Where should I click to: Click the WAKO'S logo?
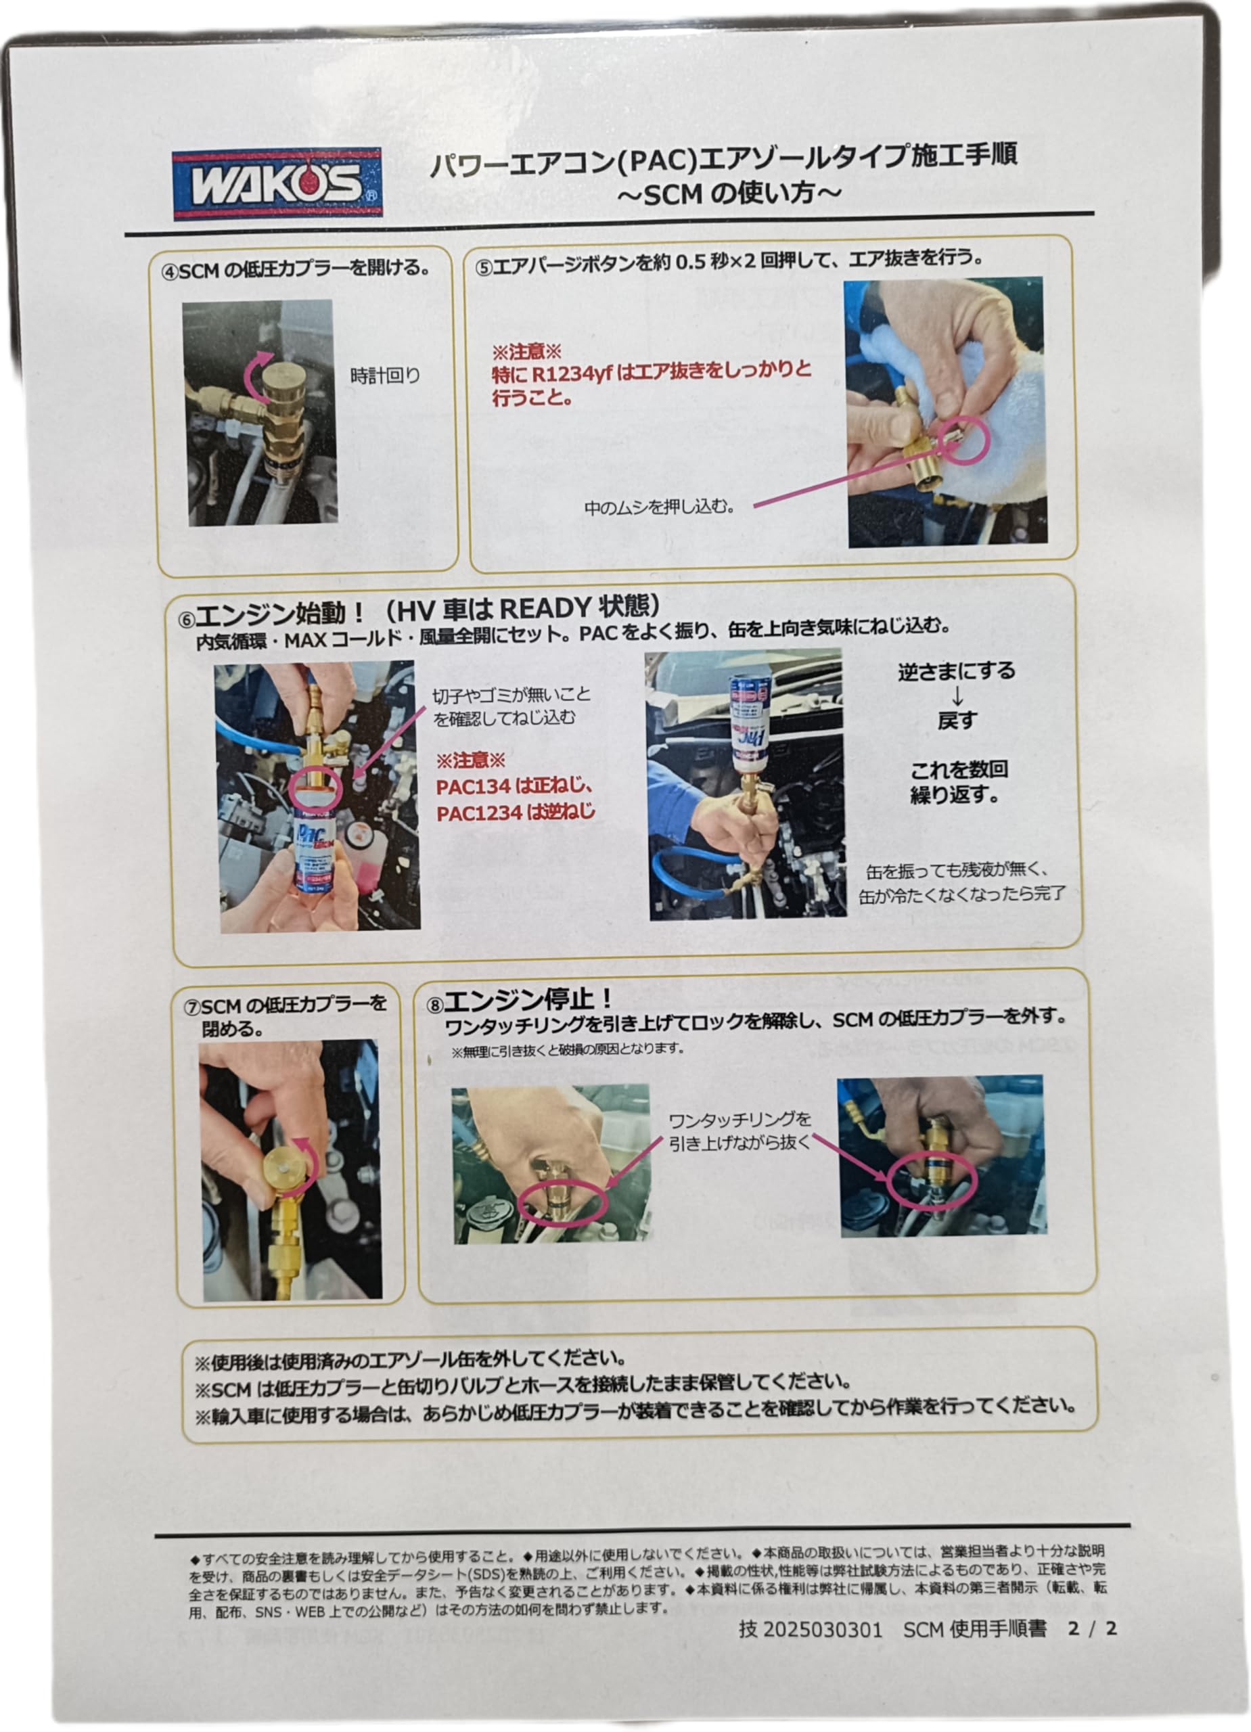coord(277,183)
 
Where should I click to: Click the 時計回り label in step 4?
coord(385,375)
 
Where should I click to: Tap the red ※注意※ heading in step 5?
coord(526,352)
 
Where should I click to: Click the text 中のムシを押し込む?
coord(658,507)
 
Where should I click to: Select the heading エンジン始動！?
coord(281,613)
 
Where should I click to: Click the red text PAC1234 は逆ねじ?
coord(516,813)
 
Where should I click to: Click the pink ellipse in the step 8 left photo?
coord(562,1203)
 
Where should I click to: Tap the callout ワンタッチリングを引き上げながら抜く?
coord(739,1131)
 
